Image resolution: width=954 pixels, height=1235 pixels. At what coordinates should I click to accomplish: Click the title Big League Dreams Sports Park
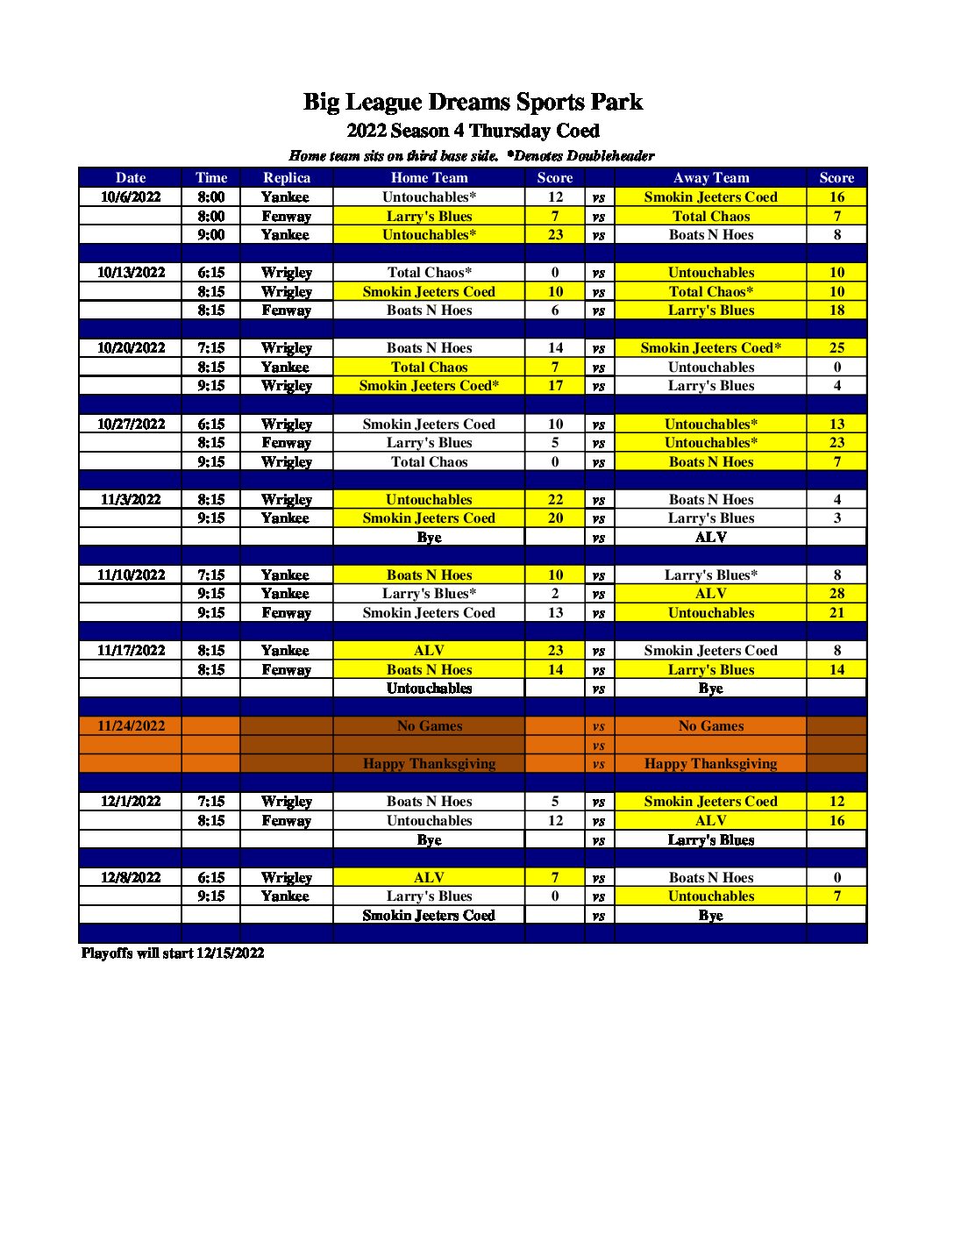pos(473,102)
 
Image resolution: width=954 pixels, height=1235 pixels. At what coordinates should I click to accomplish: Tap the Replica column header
pos(287,177)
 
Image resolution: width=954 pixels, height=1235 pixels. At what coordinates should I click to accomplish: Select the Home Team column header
pos(429,177)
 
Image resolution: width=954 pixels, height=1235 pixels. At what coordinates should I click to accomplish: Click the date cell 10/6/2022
pos(131,196)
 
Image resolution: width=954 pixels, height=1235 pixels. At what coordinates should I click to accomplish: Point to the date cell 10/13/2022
pos(131,272)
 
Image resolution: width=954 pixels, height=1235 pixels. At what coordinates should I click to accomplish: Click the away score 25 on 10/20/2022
pos(837,347)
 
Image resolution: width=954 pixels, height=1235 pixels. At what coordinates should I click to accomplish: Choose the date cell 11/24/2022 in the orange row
pos(131,725)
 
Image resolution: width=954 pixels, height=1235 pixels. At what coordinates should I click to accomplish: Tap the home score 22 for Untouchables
pos(555,499)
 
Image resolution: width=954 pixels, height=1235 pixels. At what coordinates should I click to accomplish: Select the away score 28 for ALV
pos(837,593)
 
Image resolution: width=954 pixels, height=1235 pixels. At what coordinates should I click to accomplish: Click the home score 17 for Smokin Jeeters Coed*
pos(555,385)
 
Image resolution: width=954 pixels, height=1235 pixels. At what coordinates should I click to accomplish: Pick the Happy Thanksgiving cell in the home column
pos(429,763)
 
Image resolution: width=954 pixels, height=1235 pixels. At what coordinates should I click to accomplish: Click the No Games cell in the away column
pos(710,725)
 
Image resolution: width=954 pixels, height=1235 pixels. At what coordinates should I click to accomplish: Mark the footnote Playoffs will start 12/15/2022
pos(173,953)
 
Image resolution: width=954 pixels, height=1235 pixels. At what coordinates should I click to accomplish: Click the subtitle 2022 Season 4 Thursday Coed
pos(473,131)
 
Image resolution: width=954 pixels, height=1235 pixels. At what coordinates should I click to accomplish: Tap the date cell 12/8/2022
pos(131,877)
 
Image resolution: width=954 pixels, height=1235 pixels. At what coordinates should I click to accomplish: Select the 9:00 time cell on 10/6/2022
pos(211,234)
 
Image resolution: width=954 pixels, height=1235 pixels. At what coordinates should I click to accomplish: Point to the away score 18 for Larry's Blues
pos(837,310)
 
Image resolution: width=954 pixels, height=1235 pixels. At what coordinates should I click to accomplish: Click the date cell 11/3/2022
pos(131,499)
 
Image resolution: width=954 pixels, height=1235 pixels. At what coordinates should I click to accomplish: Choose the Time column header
pos(211,177)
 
